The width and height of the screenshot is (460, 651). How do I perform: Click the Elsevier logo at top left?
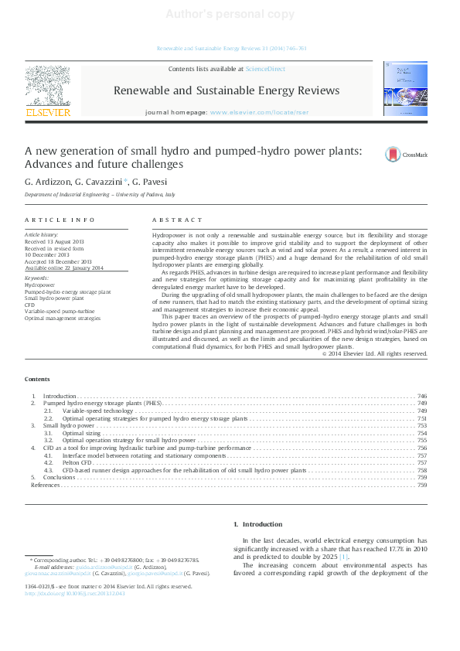click(x=48, y=91)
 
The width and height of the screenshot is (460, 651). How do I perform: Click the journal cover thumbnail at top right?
click(x=404, y=90)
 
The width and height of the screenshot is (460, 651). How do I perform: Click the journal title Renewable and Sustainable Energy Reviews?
click(x=226, y=90)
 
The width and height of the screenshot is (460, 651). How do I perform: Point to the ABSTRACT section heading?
click(x=177, y=220)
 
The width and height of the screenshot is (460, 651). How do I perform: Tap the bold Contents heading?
click(x=37, y=379)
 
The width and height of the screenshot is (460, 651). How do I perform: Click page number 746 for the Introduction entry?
click(x=421, y=396)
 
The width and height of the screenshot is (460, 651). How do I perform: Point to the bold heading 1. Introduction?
click(x=257, y=524)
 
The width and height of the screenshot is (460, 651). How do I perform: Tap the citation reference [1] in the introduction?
click(x=344, y=557)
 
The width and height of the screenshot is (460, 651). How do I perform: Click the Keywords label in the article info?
click(x=36, y=278)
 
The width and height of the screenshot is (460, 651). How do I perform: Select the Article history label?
click(x=41, y=233)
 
